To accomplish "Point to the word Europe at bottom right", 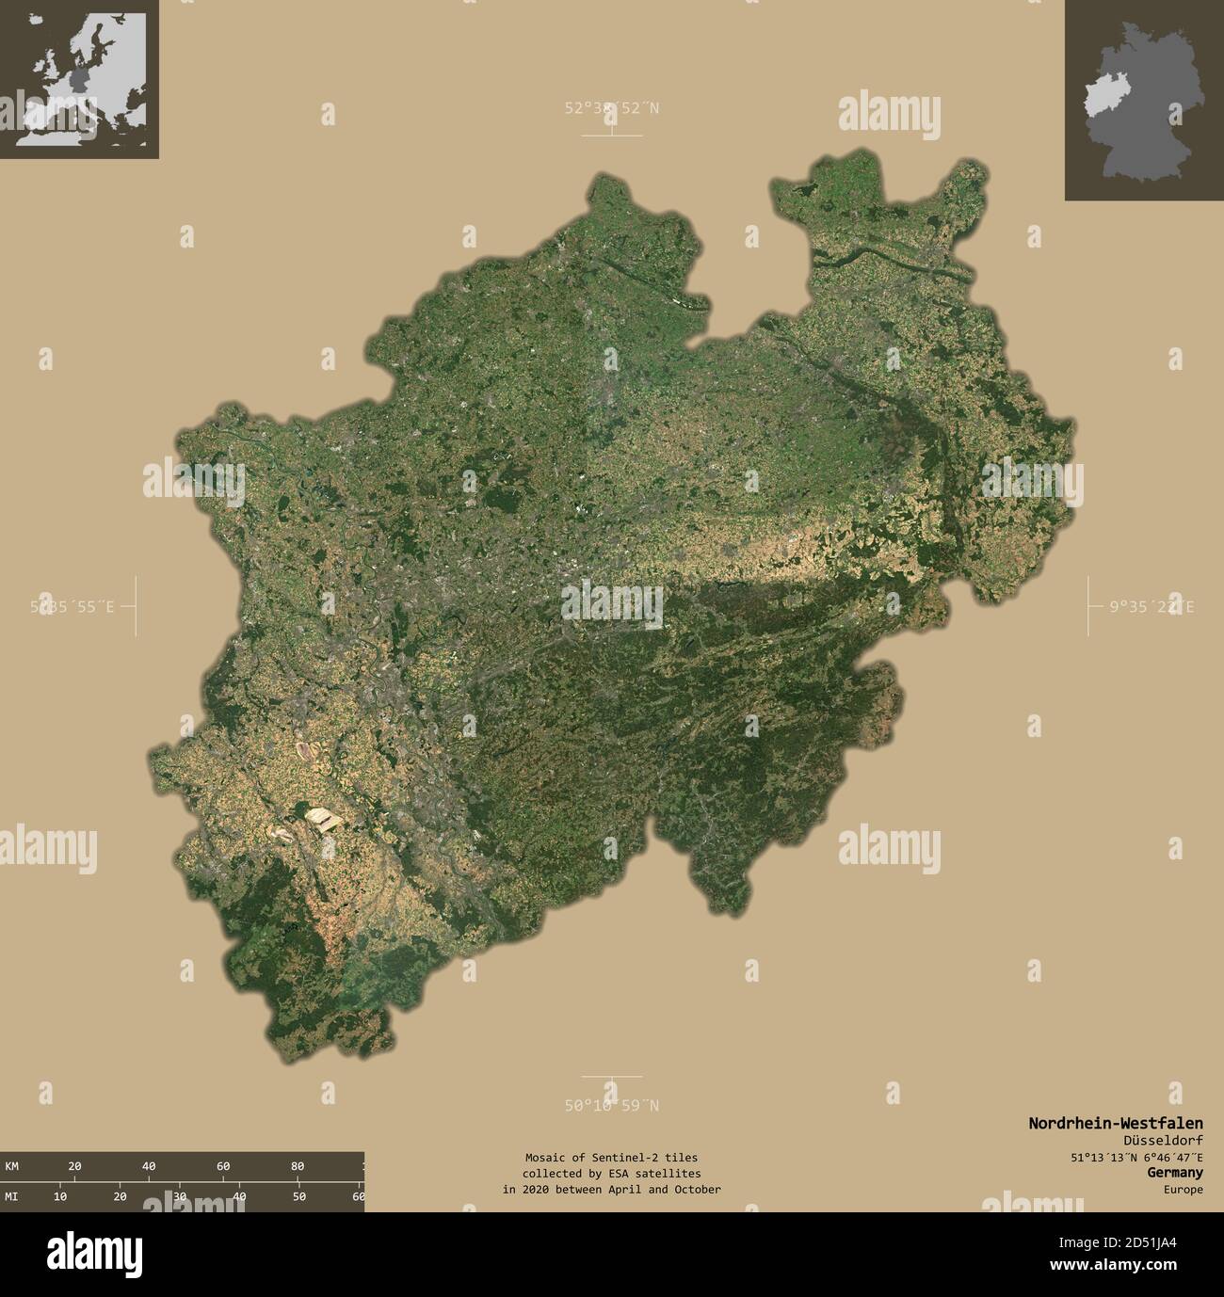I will pyautogui.click(x=1182, y=1190).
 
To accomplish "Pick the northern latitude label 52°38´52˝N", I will pyautogui.click(x=612, y=108).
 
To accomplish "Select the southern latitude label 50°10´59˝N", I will pyautogui.click(x=612, y=1106).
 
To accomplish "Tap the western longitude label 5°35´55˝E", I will pyautogui.click(x=72, y=607).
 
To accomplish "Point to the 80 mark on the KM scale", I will pyautogui.click(x=298, y=1166).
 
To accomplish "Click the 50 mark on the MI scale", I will pyautogui.click(x=298, y=1196).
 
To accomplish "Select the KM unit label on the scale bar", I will pyautogui.click(x=12, y=1166).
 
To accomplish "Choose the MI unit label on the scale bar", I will pyautogui.click(x=12, y=1196).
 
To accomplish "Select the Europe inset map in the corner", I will pyautogui.click(x=79, y=79).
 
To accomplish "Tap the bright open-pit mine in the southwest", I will pyautogui.click(x=324, y=819).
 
